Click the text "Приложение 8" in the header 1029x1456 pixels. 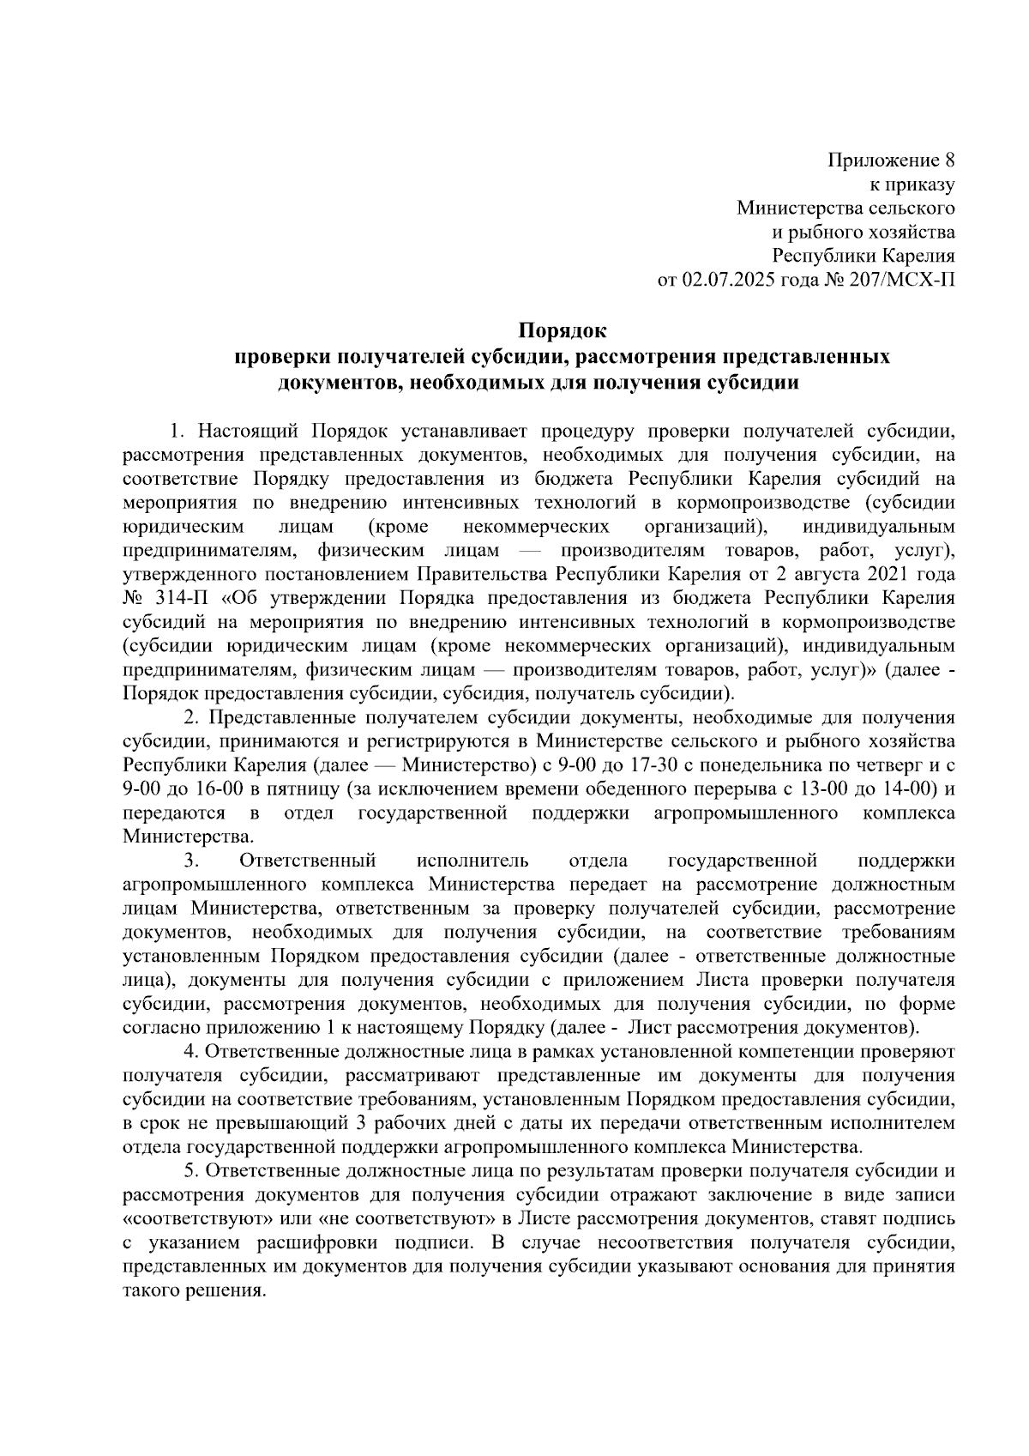pos(892,160)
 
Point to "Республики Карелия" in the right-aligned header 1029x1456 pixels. pos(864,256)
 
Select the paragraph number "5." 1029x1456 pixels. pos(193,1171)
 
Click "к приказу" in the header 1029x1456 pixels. pos(912,184)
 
